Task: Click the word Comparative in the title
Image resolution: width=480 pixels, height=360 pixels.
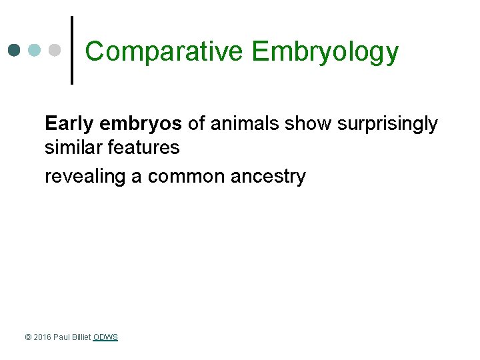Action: coord(163,51)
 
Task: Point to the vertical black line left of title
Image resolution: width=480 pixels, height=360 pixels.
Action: coord(72,50)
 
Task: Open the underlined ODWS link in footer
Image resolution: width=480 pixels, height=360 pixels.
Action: coord(105,337)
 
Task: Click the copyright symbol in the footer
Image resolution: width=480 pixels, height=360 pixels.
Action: coord(28,337)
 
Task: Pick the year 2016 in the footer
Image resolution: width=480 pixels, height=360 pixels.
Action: coord(42,337)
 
